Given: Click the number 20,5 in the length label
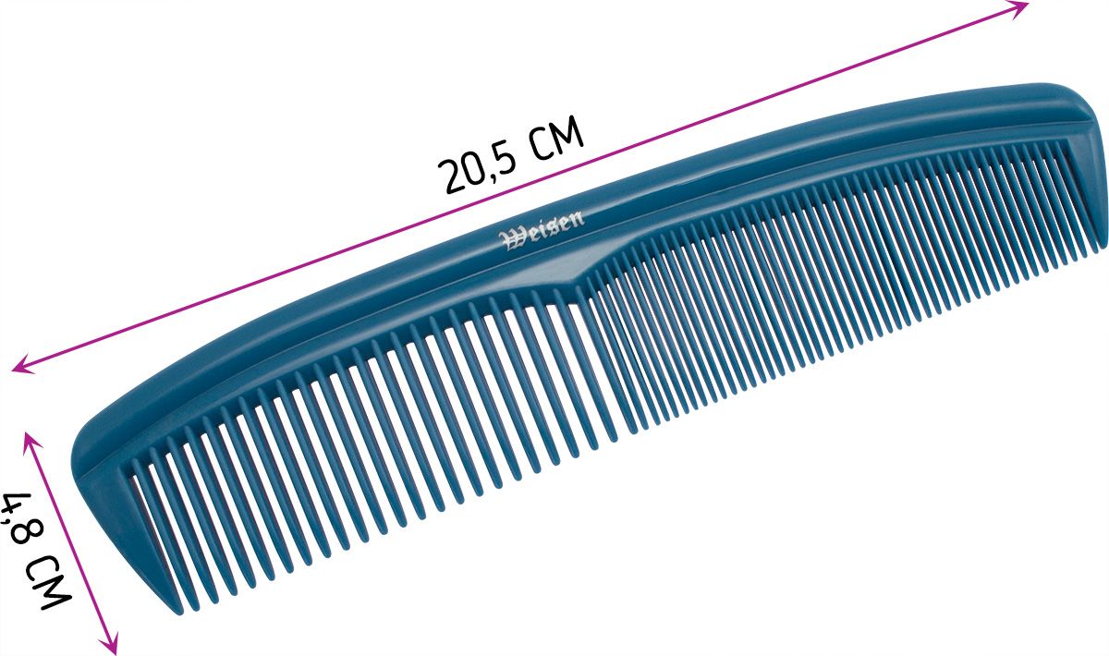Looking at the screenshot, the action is point(477,168).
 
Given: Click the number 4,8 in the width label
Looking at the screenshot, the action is point(20,517).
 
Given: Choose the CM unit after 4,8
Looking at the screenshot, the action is point(47,582).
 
